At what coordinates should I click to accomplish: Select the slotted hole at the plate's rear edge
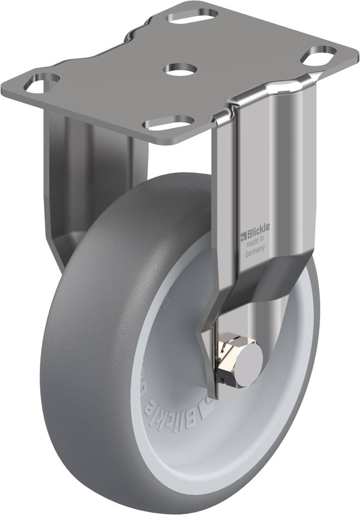click(193, 17)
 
